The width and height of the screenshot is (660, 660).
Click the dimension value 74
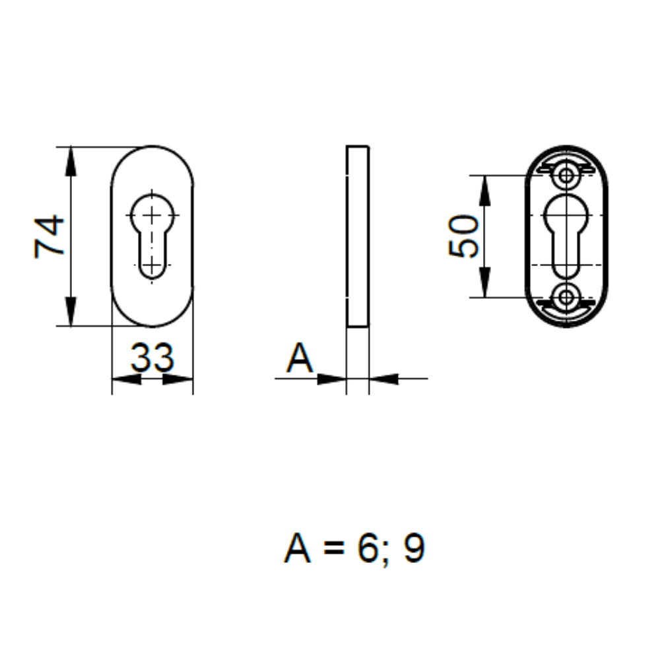(x=49, y=236)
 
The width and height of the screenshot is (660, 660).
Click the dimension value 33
(x=152, y=357)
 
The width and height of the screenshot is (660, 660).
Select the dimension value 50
(x=463, y=236)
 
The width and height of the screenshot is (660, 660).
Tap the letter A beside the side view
(x=299, y=360)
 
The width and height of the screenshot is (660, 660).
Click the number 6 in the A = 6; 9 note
(x=366, y=549)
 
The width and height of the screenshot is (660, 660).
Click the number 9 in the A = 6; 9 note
(x=414, y=549)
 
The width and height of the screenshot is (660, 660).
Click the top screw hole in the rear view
(x=566, y=176)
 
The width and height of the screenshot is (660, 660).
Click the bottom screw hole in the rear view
(x=566, y=297)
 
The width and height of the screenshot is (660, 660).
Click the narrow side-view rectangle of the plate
(x=357, y=236)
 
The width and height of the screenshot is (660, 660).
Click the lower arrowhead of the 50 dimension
(x=485, y=282)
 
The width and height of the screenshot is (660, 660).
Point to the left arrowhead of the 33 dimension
(x=126, y=379)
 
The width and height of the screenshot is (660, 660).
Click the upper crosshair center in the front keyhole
(x=152, y=214)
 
